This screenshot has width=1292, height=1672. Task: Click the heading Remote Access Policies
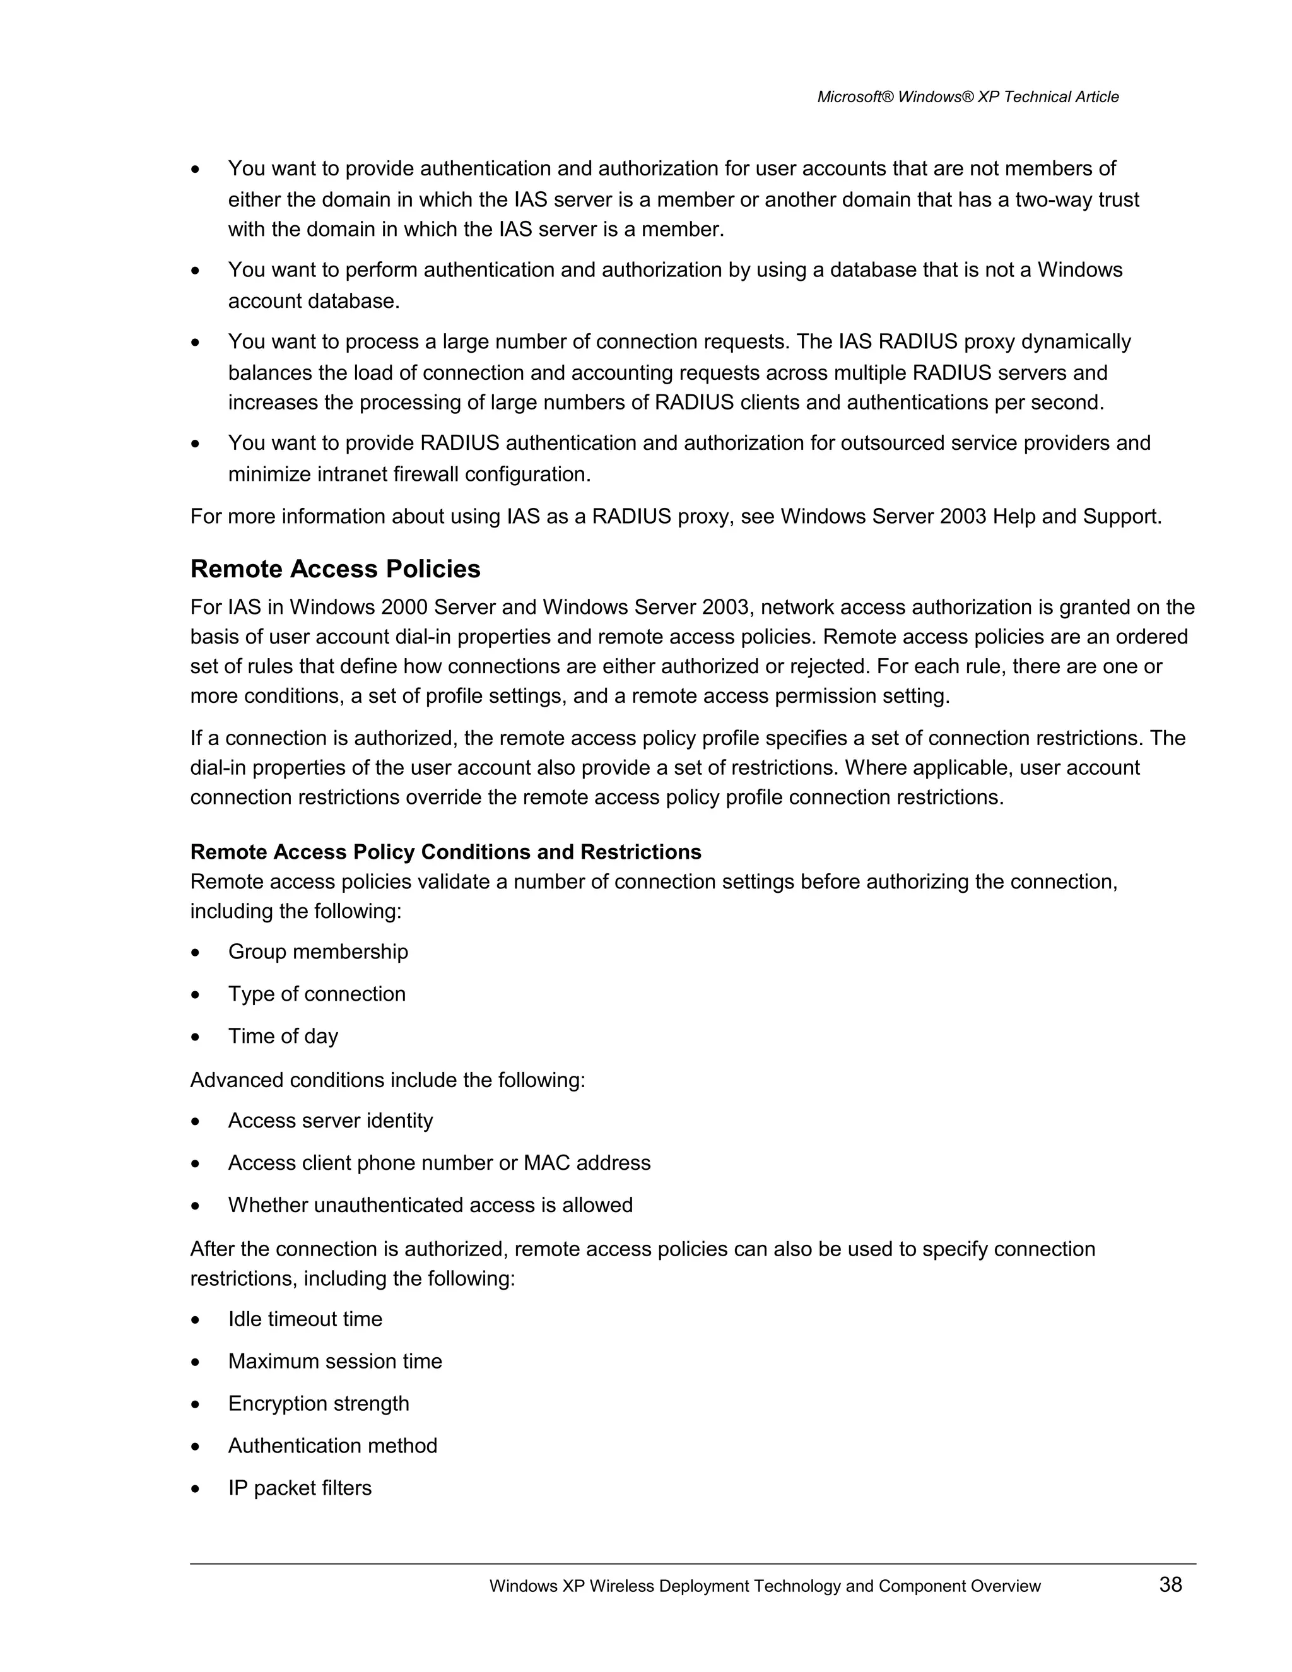pos(335,569)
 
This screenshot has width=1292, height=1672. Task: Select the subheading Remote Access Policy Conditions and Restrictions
pos(445,852)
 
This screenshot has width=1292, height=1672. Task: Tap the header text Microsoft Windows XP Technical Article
pos(968,97)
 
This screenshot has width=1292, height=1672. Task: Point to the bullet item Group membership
pos(318,951)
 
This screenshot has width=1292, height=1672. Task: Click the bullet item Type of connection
pos(317,994)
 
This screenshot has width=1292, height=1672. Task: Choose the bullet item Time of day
pos(283,1036)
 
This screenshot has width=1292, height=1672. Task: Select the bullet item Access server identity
pos(330,1121)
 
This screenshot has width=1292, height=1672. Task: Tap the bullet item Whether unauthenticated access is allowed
pos(430,1205)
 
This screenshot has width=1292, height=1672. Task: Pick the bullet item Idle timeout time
pos(305,1319)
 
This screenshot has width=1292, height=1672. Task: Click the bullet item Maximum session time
pos(334,1361)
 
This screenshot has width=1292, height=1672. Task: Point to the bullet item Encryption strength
pos(319,1403)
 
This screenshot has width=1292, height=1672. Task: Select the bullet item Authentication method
pos(332,1445)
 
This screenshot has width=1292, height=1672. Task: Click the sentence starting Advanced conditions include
pos(387,1080)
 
